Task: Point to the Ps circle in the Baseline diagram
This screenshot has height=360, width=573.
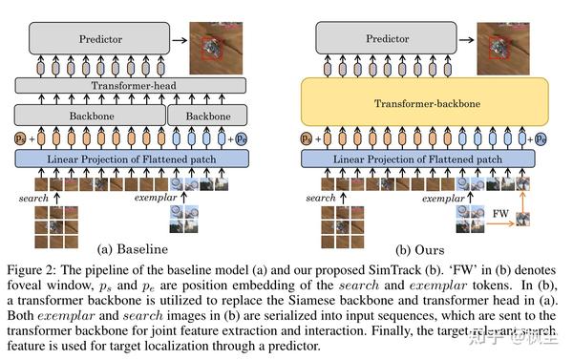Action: point(24,138)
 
